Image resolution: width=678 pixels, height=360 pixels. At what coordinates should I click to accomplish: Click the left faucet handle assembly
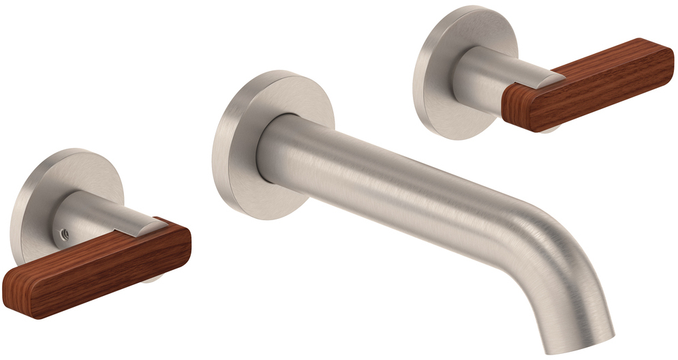[x=95, y=239]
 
